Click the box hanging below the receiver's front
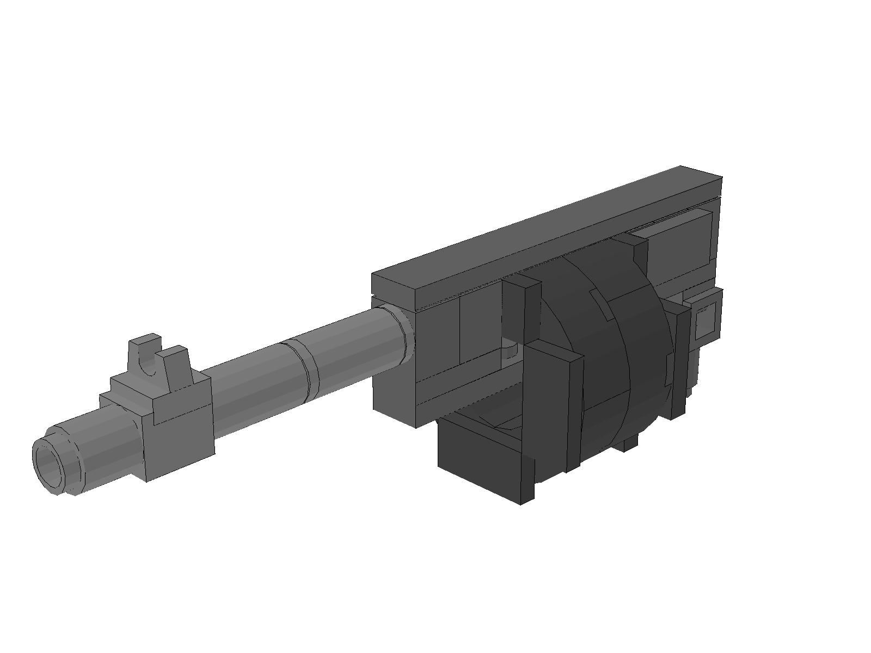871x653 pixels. [479, 463]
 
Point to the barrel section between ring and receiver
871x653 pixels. [354, 348]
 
